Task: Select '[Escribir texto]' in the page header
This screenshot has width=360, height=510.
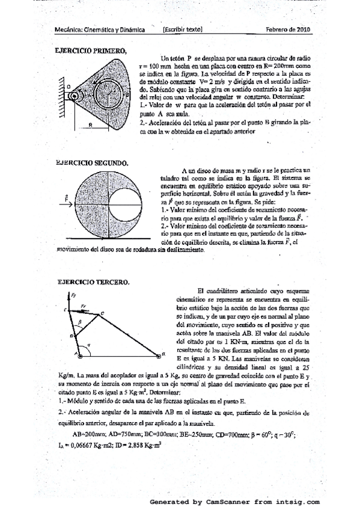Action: click(x=182, y=29)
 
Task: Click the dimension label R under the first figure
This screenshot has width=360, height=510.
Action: click(x=89, y=125)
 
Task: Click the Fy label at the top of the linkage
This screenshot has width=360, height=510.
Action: click(x=73, y=296)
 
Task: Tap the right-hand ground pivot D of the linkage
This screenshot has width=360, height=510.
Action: click(x=159, y=355)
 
